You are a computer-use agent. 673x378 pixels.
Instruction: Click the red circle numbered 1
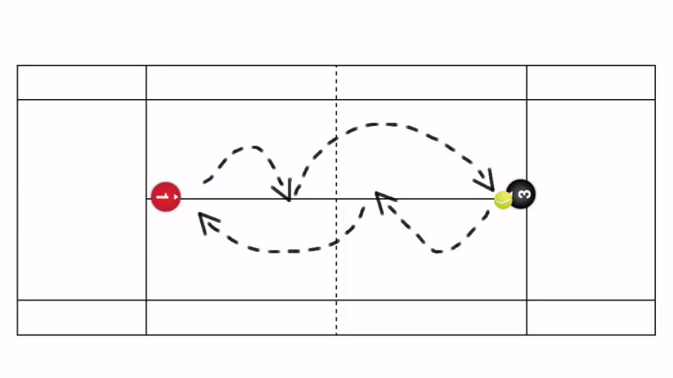(x=166, y=197)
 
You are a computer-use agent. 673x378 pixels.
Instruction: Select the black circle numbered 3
(x=521, y=194)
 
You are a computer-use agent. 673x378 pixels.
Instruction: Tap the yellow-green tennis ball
(x=503, y=200)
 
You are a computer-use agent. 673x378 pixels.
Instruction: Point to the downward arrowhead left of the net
(x=282, y=190)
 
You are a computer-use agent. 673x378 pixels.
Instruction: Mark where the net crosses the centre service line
(x=336, y=198)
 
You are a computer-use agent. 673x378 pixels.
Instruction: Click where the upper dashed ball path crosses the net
(x=336, y=139)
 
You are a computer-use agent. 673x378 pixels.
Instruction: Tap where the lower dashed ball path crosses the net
(x=336, y=242)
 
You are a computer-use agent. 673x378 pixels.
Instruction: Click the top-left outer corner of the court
(x=17, y=66)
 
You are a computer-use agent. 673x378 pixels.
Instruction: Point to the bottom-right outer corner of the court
(x=655, y=335)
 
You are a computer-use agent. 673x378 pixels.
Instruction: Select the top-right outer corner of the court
(x=655, y=66)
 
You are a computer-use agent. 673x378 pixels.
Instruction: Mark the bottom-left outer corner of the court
(x=17, y=335)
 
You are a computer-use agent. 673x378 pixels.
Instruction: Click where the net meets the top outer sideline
(x=336, y=66)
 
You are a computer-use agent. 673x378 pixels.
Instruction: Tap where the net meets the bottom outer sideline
(x=336, y=335)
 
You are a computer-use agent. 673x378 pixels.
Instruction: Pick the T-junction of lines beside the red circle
(x=146, y=198)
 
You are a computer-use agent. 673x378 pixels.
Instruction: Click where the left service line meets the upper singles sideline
(x=146, y=99)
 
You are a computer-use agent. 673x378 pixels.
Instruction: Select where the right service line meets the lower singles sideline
(x=526, y=300)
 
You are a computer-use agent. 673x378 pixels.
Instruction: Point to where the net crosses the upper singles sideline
(x=336, y=99)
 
